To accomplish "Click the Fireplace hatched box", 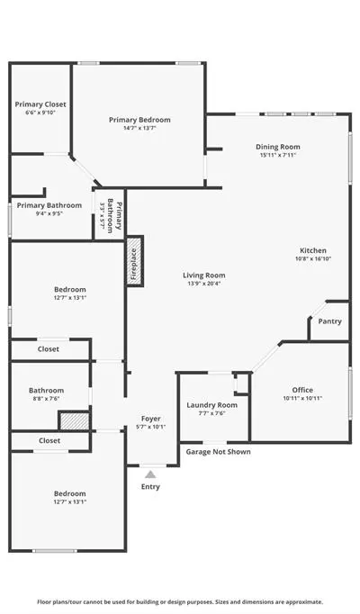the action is (134, 261).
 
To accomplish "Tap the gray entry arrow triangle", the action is (150, 474).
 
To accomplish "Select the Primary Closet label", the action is (40, 104).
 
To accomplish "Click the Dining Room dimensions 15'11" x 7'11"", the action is (278, 155).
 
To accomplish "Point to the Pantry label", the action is (330, 321).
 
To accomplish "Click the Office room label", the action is (302, 390).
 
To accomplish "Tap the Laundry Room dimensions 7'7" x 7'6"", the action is (211, 413).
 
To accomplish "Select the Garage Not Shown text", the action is (219, 452).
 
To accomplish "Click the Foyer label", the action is (150, 419).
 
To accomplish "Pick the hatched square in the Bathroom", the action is (75, 421).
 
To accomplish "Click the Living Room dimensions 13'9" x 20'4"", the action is (204, 284).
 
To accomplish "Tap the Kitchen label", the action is (313, 250).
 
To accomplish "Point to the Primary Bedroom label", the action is (139, 120).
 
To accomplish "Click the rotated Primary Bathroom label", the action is (114, 216).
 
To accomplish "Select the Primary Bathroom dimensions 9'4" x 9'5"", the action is (49, 213).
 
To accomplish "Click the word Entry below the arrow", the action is (150, 487).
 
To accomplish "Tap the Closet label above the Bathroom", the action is (49, 349).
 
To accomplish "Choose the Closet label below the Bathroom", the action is (49, 440).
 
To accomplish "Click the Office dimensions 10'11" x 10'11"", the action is (302, 399).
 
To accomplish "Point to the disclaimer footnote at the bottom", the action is (180, 602).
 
